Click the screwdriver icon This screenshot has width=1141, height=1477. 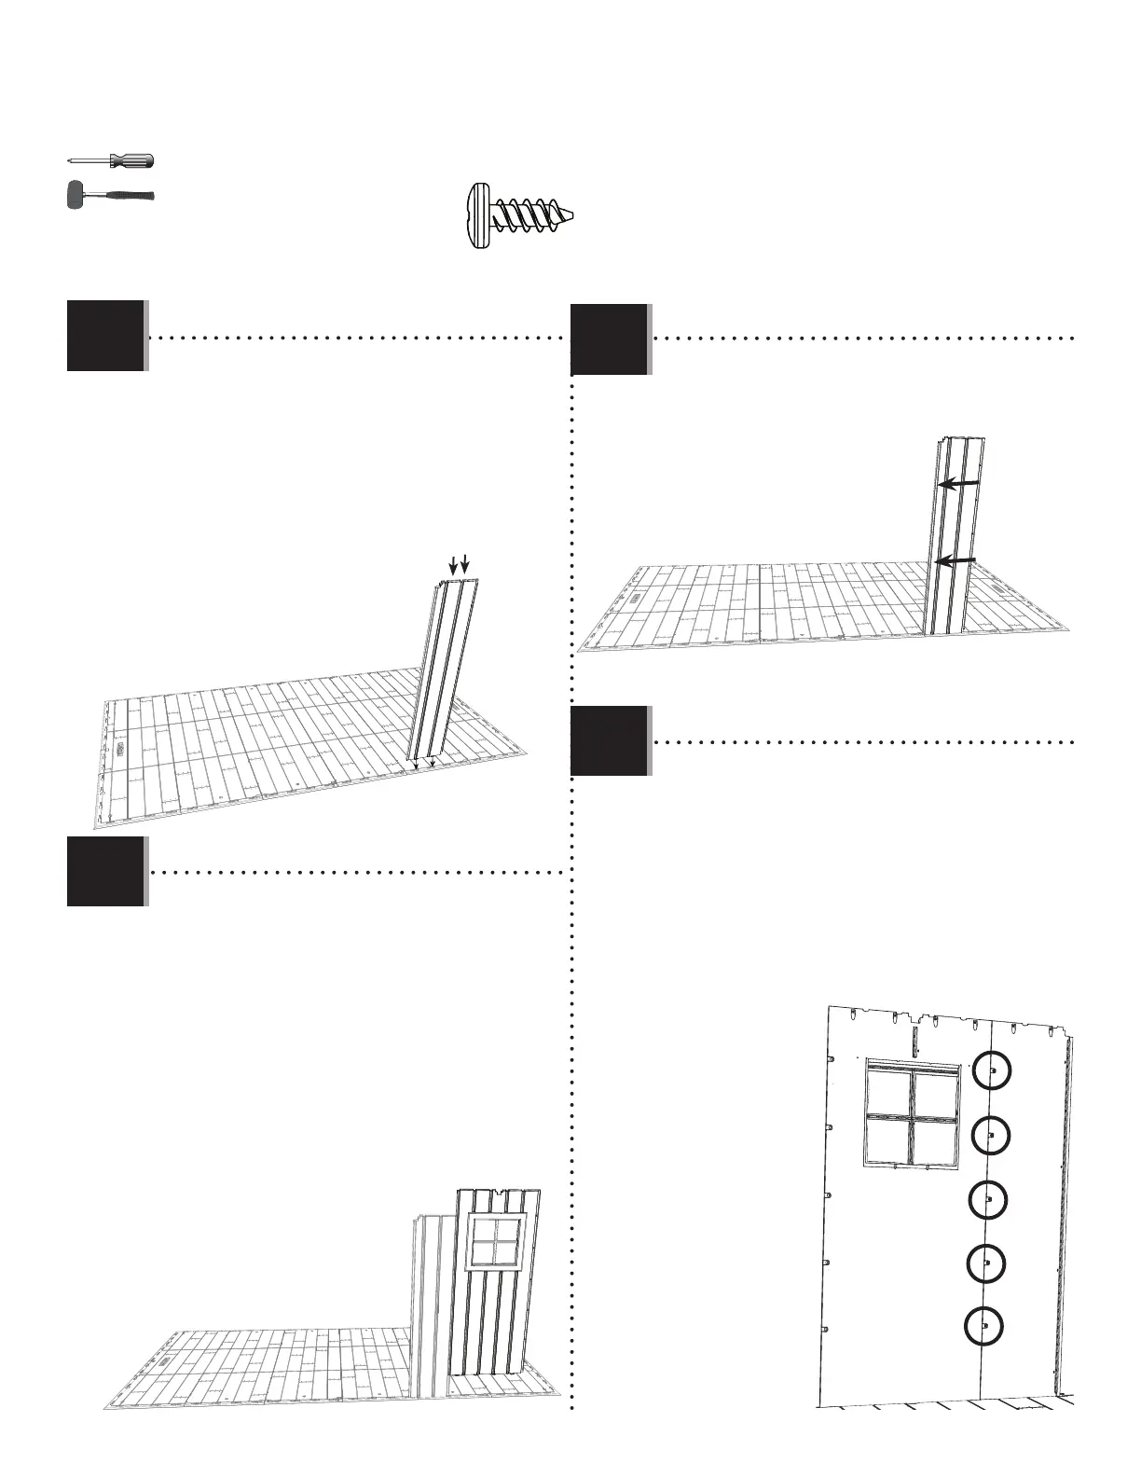click(x=110, y=160)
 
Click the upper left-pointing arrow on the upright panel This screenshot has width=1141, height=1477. click(x=957, y=484)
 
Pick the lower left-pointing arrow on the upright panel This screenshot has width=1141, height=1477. click(x=955, y=559)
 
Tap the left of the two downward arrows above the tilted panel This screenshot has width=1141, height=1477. click(x=454, y=564)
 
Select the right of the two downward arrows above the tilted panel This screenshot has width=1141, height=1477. click(x=466, y=564)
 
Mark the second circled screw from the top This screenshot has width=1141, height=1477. click(x=990, y=1135)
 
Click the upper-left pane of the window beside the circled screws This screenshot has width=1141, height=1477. click(x=889, y=1092)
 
